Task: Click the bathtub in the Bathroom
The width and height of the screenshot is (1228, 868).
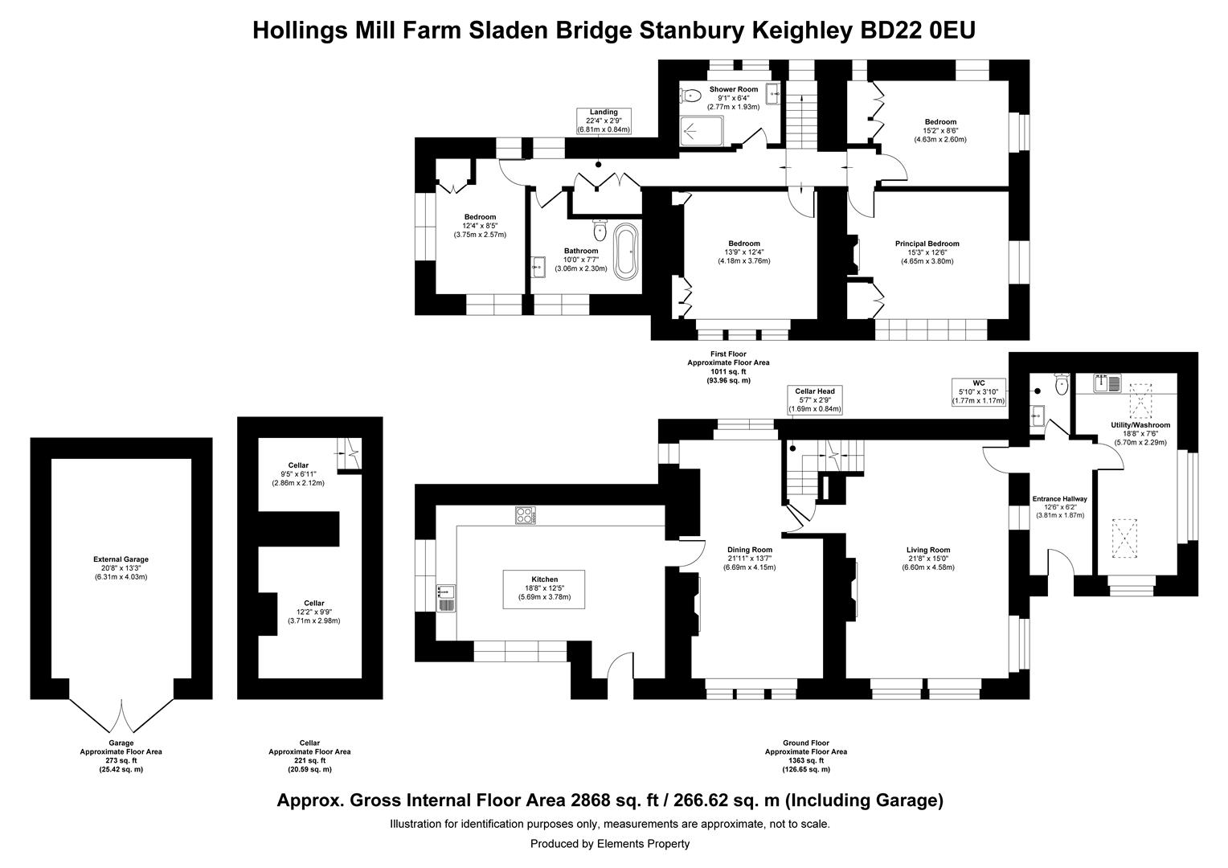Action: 625,251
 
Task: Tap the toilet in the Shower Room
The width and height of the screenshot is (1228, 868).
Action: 691,96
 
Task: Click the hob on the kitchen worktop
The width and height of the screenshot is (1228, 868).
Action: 525,515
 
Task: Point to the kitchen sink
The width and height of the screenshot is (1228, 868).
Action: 446,598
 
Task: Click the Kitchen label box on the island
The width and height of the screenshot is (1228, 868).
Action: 544,589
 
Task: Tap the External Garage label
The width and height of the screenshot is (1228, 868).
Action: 121,559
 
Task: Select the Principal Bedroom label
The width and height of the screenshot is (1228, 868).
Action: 927,244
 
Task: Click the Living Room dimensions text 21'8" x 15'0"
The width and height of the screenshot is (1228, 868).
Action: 928,559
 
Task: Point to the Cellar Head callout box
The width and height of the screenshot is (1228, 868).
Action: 815,399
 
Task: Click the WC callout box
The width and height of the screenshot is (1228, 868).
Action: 979,392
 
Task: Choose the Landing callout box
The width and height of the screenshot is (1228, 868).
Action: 604,121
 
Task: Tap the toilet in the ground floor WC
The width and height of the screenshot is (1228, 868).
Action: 1062,384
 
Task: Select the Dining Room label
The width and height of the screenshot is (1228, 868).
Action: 749,550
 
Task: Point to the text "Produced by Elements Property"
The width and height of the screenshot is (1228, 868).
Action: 610,843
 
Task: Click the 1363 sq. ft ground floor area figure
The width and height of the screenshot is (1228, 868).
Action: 806,760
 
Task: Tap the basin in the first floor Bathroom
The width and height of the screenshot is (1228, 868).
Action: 538,267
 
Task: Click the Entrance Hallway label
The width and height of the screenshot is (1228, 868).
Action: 1059,499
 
